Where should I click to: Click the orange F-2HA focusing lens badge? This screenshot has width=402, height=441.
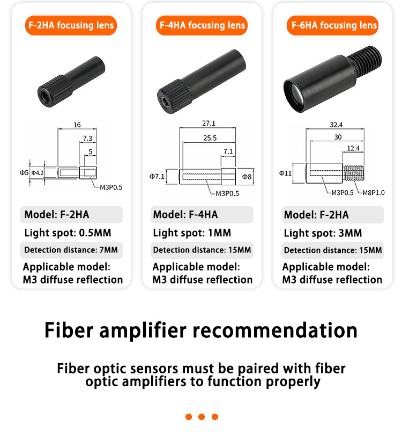[x=71, y=25]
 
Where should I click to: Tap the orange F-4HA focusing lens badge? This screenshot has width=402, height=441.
[x=202, y=25]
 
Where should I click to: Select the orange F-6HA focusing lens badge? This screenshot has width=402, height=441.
[x=333, y=25]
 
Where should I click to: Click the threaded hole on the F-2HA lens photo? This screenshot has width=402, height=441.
[x=45, y=93]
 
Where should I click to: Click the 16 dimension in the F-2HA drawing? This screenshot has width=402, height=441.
[x=77, y=125]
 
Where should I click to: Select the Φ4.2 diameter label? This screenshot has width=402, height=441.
[x=38, y=172]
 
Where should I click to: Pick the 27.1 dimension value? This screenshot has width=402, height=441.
[x=209, y=123]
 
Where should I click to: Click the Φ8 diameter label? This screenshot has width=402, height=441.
[x=247, y=177]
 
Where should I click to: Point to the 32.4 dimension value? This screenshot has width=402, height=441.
[x=336, y=125]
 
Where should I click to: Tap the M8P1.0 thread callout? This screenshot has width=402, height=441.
[x=374, y=193]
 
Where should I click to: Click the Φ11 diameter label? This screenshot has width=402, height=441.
[x=285, y=173]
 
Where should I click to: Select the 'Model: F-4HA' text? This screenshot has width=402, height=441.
[x=185, y=215]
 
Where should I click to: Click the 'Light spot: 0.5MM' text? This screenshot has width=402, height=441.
[x=68, y=233]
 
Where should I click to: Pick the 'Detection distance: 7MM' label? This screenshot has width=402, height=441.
[x=71, y=250]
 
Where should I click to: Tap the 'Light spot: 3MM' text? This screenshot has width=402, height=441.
[x=323, y=233]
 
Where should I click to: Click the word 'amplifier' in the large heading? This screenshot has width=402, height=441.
[x=143, y=330]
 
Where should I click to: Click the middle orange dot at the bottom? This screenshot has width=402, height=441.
[x=202, y=417]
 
